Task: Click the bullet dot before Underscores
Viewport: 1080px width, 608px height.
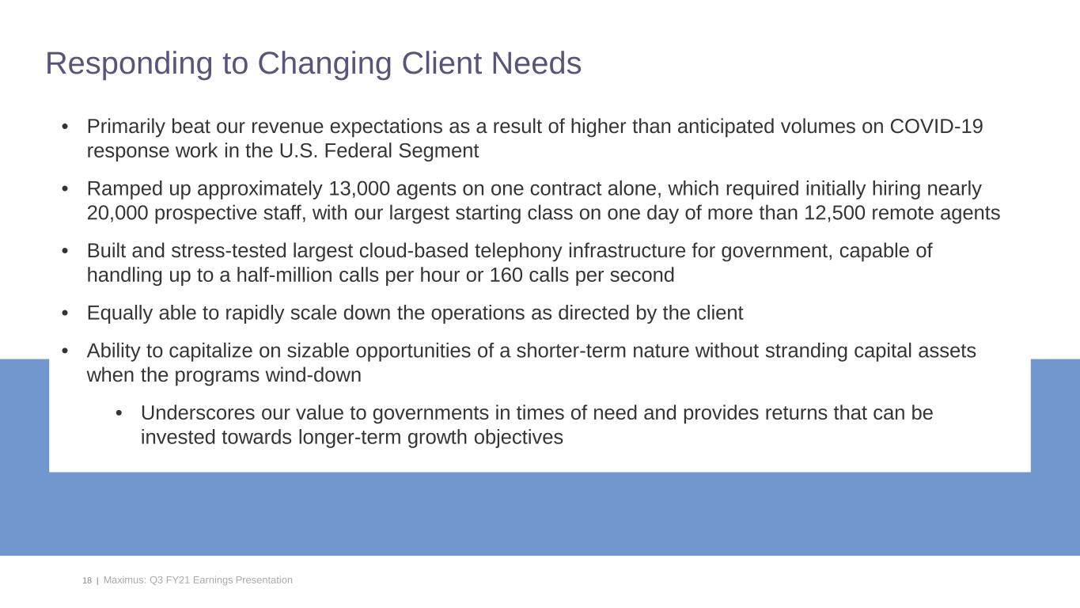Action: tap(119, 413)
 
